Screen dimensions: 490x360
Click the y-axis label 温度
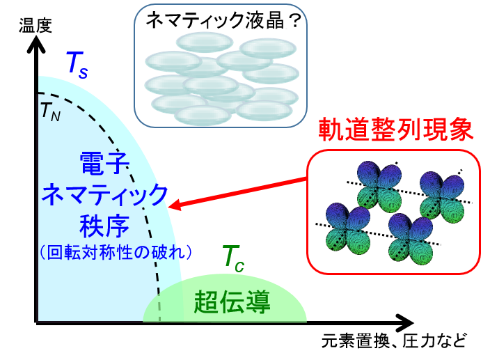[x=35, y=26]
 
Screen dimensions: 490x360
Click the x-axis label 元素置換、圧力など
[x=394, y=341]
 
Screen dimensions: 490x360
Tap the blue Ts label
[x=77, y=65]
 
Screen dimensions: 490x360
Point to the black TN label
[x=51, y=111]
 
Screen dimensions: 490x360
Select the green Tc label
[x=232, y=259]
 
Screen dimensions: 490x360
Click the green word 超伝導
[x=232, y=302]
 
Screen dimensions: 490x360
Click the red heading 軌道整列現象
[x=395, y=130]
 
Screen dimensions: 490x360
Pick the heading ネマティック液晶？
[x=223, y=22]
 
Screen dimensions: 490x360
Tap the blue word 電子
[x=104, y=163]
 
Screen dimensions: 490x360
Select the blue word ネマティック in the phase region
[x=104, y=194]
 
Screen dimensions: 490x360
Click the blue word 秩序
[x=104, y=226]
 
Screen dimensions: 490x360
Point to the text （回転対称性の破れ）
[x=116, y=253]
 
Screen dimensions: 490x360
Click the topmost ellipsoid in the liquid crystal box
[x=205, y=42]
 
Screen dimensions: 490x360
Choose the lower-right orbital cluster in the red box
[x=411, y=240]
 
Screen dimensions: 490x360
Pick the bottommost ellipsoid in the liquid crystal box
[x=203, y=116]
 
